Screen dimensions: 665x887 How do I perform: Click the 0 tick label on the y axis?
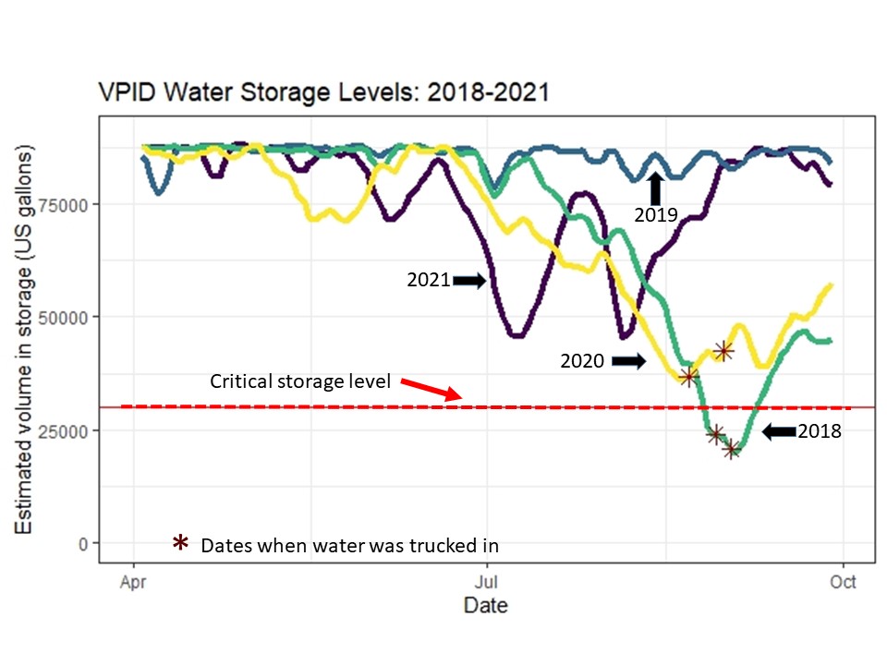pyautogui.click(x=83, y=543)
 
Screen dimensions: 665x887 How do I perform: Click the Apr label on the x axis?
pyautogui.click(x=135, y=583)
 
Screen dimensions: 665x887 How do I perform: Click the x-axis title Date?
pyautogui.click(x=485, y=607)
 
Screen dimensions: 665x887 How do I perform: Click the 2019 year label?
pyautogui.click(x=656, y=215)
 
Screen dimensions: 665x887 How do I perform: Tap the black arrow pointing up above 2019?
pyautogui.click(x=656, y=188)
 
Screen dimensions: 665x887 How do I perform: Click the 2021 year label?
pyautogui.click(x=429, y=280)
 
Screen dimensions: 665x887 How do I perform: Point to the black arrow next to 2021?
pyautogui.click(x=469, y=280)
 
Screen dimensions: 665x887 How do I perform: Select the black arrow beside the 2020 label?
pyautogui.click(x=628, y=361)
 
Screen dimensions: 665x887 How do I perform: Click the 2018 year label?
pyautogui.click(x=820, y=431)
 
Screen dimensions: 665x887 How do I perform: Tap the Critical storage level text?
pyautogui.click(x=300, y=381)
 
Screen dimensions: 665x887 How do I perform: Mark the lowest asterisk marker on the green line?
pyautogui.click(x=732, y=450)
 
